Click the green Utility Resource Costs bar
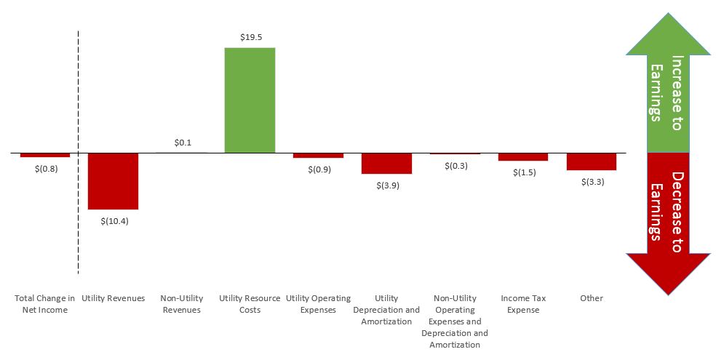click(x=250, y=100)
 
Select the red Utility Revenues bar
click(x=113, y=181)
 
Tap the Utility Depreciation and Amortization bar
click(x=386, y=164)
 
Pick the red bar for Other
click(x=592, y=161)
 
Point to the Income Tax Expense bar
click(x=523, y=157)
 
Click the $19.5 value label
click(x=250, y=36)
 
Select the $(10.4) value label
click(x=114, y=221)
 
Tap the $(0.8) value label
click(x=45, y=168)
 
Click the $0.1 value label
click(x=182, y=143)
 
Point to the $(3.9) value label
click(x=387, y=185)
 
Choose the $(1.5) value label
click(x=524, y=172)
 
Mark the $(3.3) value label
click(x=592, y=182)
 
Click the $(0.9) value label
click(x=319, y=169)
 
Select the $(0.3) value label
click(x=456, y=166)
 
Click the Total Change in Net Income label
click(x=45, y=304)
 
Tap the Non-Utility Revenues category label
click(x=182, y=304)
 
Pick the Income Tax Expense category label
click(x=524, y=304)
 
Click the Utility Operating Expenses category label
click(x=319, y=304)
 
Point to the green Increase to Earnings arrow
click(x=667, y=91)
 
